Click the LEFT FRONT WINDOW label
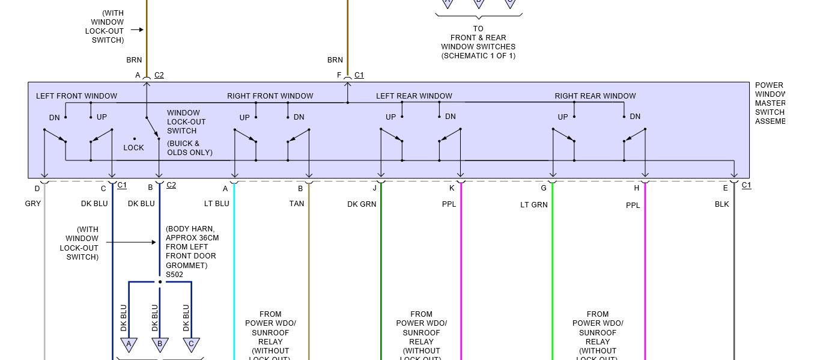pyautogui.click(x=76, y=96)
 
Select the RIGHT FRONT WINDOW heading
pyautogui.click(x=270, y=96)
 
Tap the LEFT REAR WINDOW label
pyautogui.click(x=414, y=96)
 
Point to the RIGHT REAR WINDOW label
pyautogui.click(x=595, y=96)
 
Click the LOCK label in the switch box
pyautogui.click(x=133, y=148)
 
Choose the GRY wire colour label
pyautogui.click(x=33, y=204)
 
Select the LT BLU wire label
pyautogui.click(x=216, y=204)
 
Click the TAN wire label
pyautogui.click(x=297, y=204)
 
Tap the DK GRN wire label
pyautogui.click(x=362, y=204)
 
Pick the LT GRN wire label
pyautogui.click(x=533, y=205)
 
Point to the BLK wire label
pyautogui.click(x=721, y=204)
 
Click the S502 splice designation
pyautogui.click(x=174, y=275)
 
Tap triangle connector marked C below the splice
pyautogui.click(x=191, y=344)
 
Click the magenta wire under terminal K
pyautogui.click(x=461, y=270)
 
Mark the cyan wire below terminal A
pyautogui.click(x=234, y=270)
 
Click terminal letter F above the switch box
pyautogui.click(x=339, y=75)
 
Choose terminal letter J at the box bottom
pyautogui.click(x=374, y=188)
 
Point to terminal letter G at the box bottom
pyautogui.click(x=543, y=188)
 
